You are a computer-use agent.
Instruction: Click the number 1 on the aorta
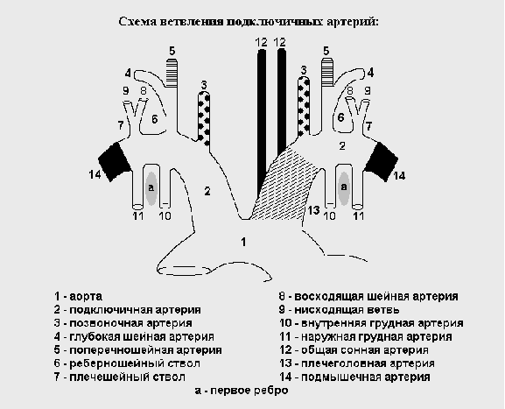tap(244, 242)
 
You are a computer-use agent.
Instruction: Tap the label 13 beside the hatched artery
tap(313, 210)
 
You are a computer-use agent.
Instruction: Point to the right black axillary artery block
tap(382, 161)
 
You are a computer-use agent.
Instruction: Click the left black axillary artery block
tap(115, 162)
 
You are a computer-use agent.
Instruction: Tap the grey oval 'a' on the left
tap(151, 188)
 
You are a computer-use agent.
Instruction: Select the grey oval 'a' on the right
tap(344, 188)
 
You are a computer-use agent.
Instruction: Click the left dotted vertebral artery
tap(204, 118)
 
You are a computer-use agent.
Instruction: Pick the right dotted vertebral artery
tap(304, 106)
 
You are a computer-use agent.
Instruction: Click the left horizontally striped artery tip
tap(172, 73)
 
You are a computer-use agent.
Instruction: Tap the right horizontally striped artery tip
tap(327, 72)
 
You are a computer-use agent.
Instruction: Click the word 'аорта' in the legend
tap(86, 296)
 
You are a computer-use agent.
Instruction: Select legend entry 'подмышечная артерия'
tap(366, 377)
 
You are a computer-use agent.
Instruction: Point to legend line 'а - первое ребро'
tap(242, 391)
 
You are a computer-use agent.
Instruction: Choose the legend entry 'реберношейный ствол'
tap(135, 363)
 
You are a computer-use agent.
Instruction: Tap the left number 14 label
tap(95, 174)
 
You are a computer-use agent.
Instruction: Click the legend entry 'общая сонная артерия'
tap(365, 350)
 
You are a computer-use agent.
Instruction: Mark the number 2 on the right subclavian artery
tap(342, 146)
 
